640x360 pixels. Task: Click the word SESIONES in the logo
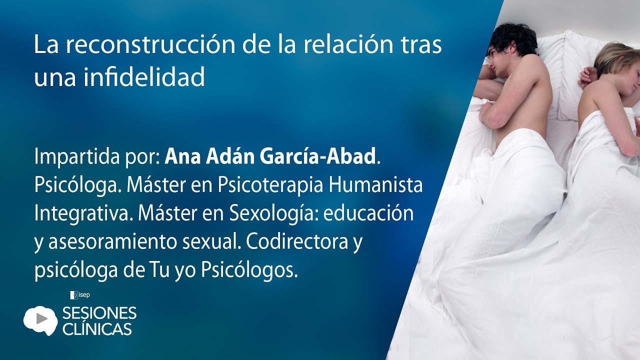pyautogui.click(x=99, y=313)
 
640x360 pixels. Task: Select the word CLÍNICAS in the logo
pyautogui.click(x=97, y=328)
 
